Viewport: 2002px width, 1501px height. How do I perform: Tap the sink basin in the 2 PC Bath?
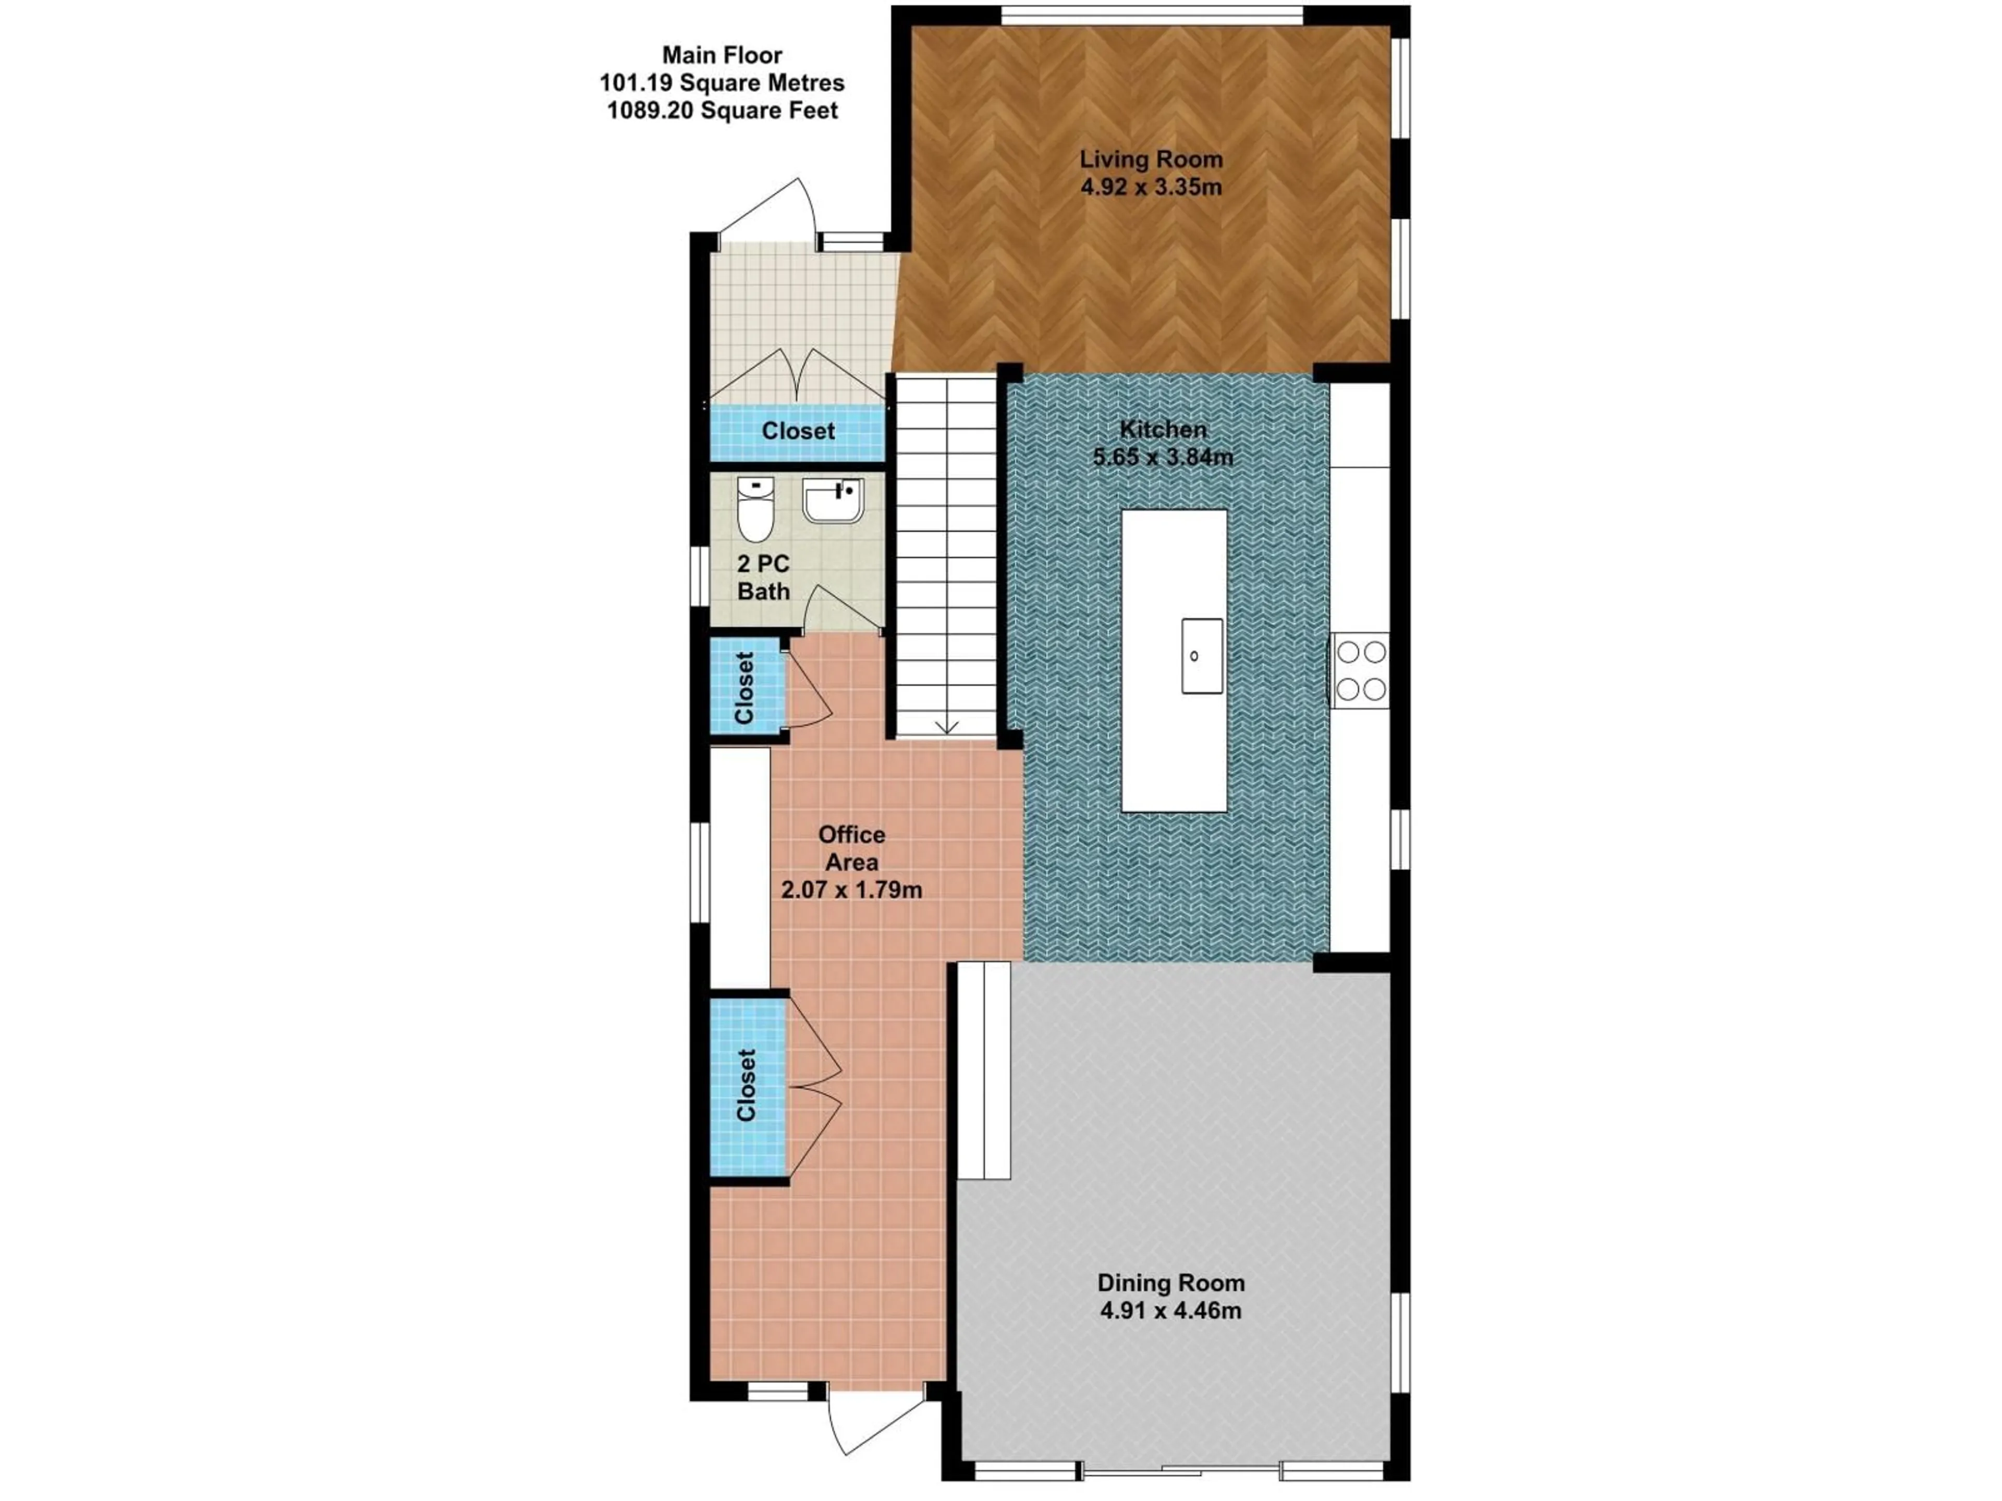[x=833, y=500]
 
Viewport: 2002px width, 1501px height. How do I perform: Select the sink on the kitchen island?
[x=1201, y=656]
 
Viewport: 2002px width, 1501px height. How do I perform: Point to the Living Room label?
[x=1150, y=160]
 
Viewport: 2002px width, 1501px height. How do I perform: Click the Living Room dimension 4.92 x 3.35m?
[x=1150, y=187]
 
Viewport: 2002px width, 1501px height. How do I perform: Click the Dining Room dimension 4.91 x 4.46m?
[x=1170, y=1310]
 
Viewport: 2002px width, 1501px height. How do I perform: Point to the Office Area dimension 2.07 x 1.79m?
[x=851, y=890]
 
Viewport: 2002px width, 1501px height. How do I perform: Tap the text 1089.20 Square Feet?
[x=722, y=110]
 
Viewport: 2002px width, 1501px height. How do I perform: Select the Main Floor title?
[x=722, y=55]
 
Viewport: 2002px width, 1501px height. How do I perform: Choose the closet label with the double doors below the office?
[x=746, y=1085]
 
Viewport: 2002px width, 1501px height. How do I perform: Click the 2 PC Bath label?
[x=763, y=577]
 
